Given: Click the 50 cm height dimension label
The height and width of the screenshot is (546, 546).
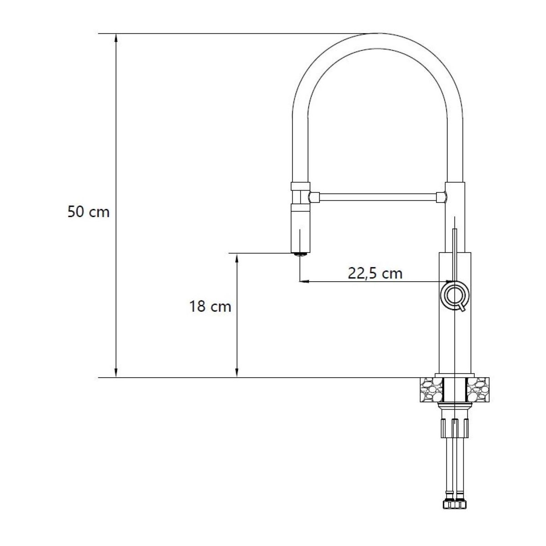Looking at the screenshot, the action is [88, 212].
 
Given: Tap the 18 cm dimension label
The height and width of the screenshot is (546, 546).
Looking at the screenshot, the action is [210, 306].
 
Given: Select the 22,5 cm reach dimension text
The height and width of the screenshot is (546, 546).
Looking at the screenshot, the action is [375, 273].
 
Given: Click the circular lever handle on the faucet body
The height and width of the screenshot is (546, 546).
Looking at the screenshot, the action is [455, 295].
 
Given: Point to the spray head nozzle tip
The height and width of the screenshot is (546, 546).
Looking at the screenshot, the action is [300, 254].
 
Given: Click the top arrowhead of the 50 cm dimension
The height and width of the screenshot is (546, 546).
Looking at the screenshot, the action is [116, 38].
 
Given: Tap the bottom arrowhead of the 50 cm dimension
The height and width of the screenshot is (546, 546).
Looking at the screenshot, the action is [116, 373].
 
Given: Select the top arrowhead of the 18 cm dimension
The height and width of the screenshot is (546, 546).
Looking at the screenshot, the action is [237, 258].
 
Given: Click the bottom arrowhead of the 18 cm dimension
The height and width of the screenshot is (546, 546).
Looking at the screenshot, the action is [237, 373].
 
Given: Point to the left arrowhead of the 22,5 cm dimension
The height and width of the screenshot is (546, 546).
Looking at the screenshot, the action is [304, 282].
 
